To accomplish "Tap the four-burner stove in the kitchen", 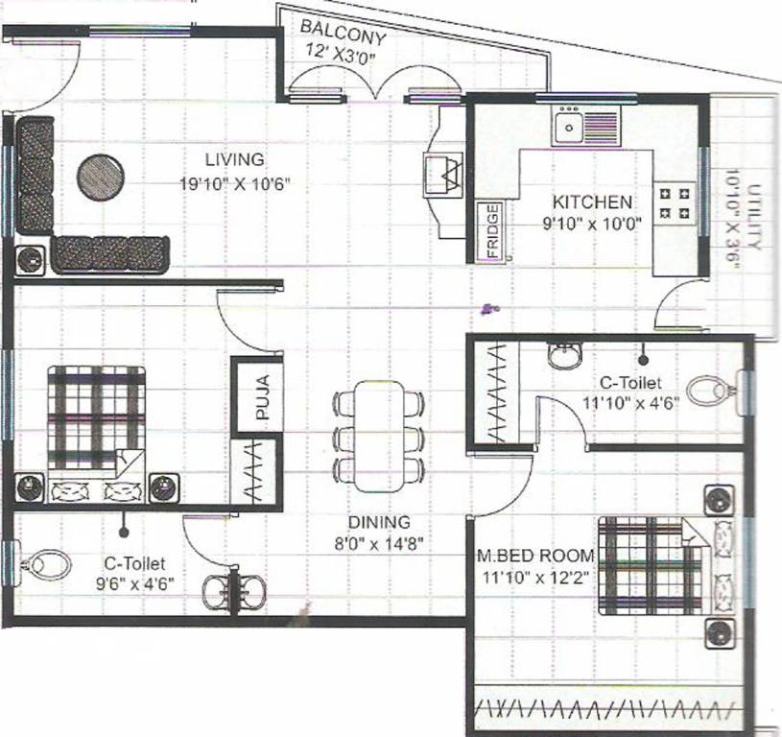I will pos(673,202).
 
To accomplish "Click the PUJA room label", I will pos(262,400).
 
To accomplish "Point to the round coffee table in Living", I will pos(101,177).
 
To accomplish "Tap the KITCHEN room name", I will pos(592,202).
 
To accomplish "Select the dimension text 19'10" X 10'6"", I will pos(235,182).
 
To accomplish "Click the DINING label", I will pos(379,523).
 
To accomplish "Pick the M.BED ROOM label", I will pos(535,557).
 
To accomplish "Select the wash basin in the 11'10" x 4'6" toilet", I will pos(565,358).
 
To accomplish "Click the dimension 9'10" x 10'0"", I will pos(592,224).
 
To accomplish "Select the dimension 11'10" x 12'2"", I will pos(536,576).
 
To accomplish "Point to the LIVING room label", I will pos(234,159).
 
